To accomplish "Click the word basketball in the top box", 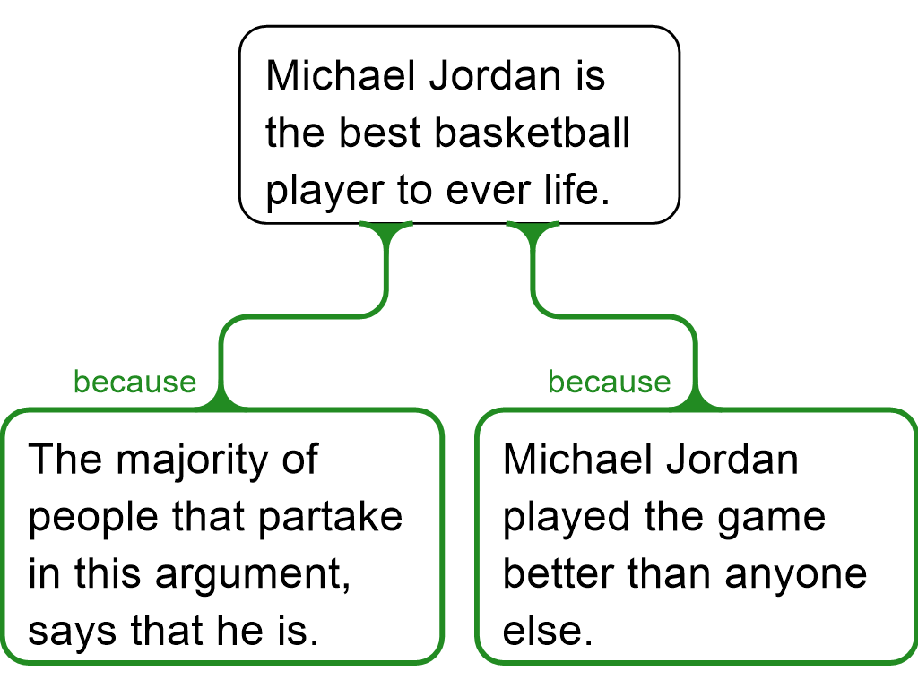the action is (x=533, y=133).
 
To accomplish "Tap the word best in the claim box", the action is (x=380, y=133).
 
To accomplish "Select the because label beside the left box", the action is (x=134, y=383).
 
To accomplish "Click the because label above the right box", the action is (x=609, y=383).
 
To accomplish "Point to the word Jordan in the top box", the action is (x=495, y=75).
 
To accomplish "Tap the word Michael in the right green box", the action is (x=577, y=459).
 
